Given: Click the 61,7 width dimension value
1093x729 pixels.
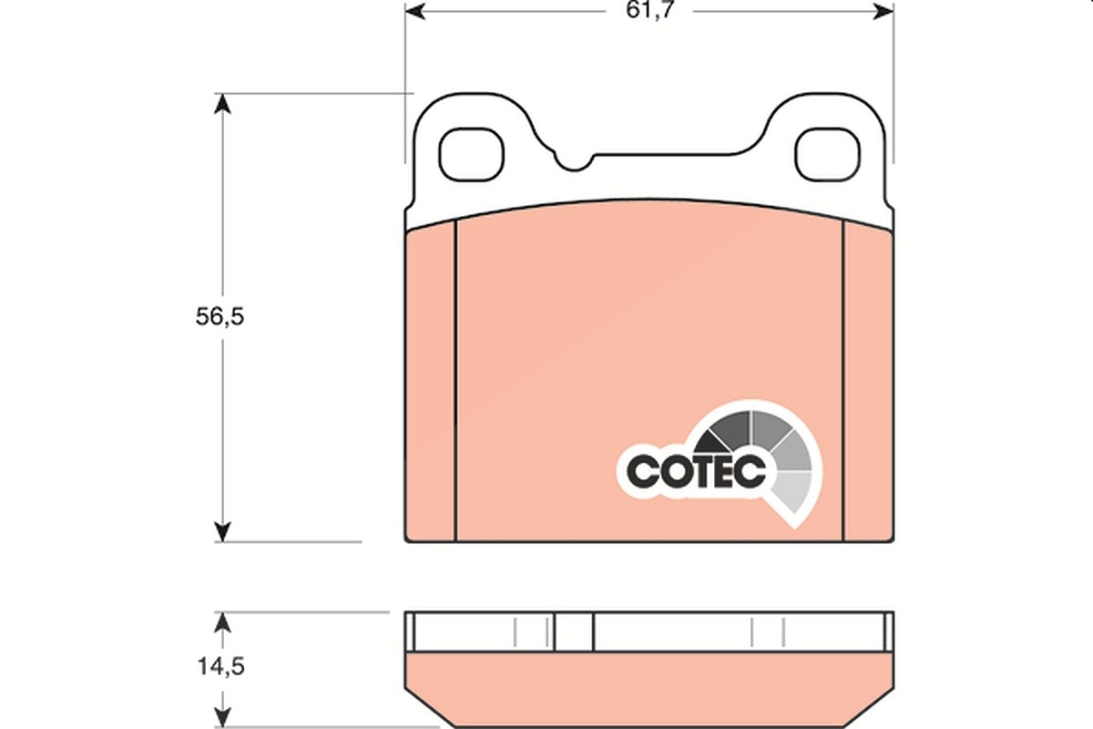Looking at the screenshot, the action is point(649,10).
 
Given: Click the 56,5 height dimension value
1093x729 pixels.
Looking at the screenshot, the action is point(220,316).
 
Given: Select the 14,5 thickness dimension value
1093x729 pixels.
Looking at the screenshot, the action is point(220,666).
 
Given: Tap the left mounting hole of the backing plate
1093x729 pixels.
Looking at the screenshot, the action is point(471,154).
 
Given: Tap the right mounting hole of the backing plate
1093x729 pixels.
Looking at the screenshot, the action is point(828,154).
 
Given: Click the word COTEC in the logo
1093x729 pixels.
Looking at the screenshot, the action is point(696,471).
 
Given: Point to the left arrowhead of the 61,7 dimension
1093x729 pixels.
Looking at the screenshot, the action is point(414,11).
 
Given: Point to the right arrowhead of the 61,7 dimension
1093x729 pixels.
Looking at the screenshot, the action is point(884,11).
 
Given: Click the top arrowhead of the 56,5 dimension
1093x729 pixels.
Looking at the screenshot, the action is point(222,104).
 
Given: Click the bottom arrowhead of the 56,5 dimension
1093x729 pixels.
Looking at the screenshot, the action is point(222,531).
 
